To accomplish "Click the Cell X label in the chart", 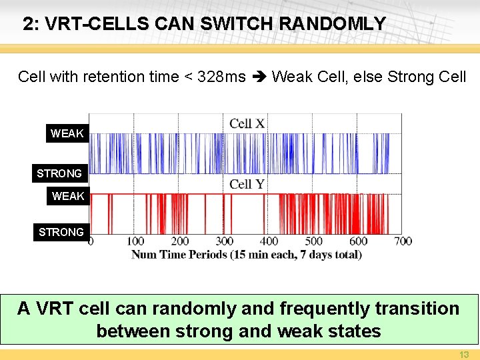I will pyautogui.click(x=247, y=123).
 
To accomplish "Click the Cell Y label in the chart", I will pyautogui.click(x=247, y=184).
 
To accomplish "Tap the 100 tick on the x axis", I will pyautogui.click(x=135, y=241).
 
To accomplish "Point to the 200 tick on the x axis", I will pyautogui.click(x=180, y=241).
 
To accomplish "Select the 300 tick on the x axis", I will pyautogui.click(x=225, y=241).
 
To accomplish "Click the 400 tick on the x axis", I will pyautogui.click(x=269, y=241).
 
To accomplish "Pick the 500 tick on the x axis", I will pyautogui.click(x=314, y=241).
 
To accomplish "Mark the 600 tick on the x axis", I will pyautogui.click(x=359, y=241).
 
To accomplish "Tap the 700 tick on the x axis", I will pyautogui.click(x=403, y=241).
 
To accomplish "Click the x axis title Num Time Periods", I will pyautogui.click(x=247, y=255).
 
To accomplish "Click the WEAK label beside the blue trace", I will pyautogui.click(x=67, y=133).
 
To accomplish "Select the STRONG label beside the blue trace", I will pyautogui.click(x=59, y=173).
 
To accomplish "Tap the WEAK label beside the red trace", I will pyautogui.click(x=68, y=196).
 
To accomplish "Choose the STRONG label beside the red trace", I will pyautogui.click(x=61, y=232).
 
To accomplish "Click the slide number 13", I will pyautogui.click(x=465, y=354).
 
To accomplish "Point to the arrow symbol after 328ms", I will pyautogui.click(x=259, y=77).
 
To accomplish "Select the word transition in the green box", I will pyautogui.click(x=417, y=309).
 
